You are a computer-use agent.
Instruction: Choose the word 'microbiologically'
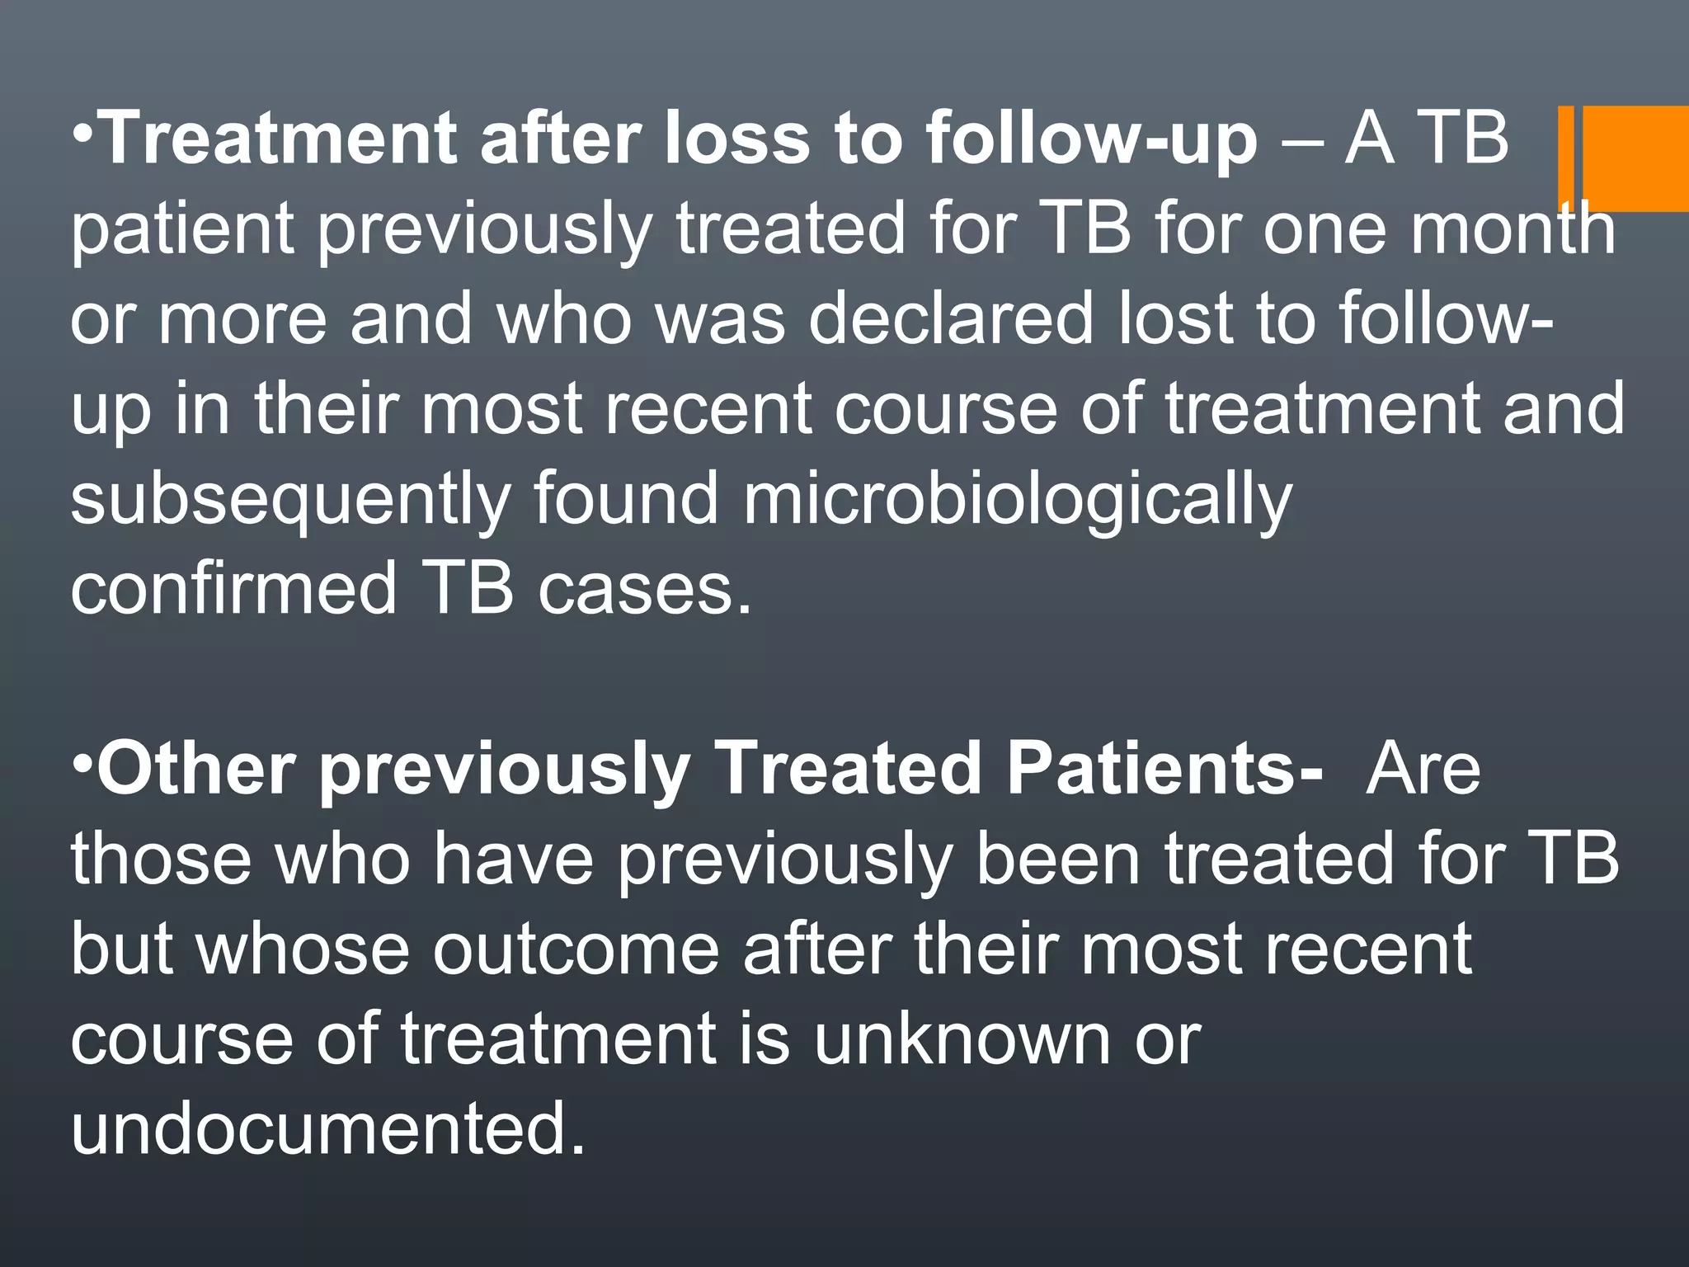[1018, 500]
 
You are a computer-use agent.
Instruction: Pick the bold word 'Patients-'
[1164, 768]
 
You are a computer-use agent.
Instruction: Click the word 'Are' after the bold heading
[1423, 768]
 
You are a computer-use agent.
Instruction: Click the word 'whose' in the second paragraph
[302, 949]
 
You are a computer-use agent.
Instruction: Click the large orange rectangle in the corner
[1636, 158]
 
